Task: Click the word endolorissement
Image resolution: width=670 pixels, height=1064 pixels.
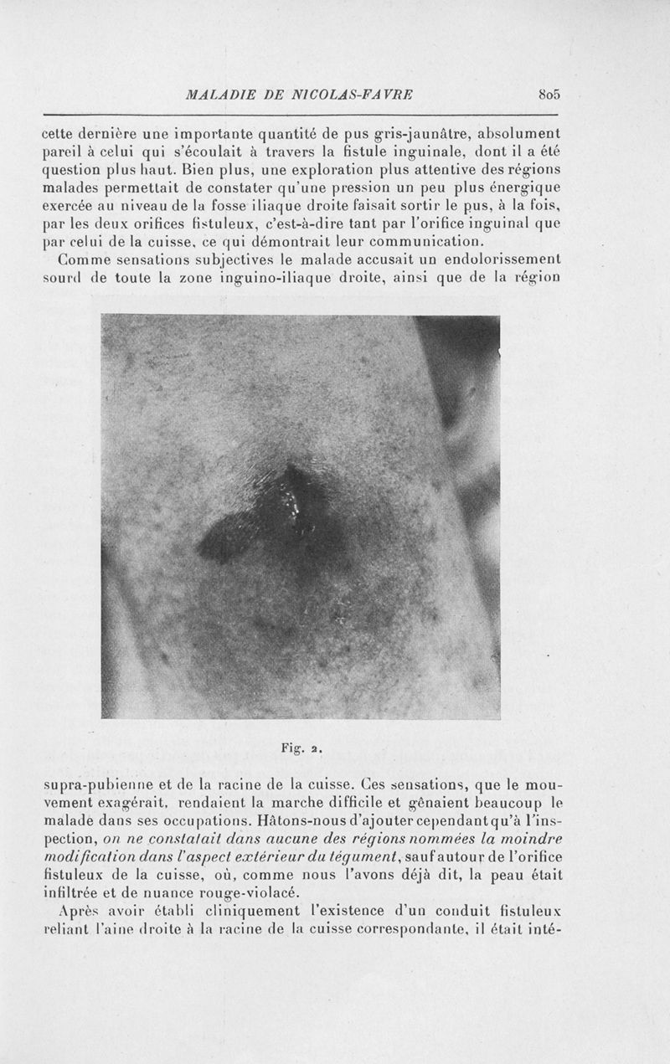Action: tap(499, 261)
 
